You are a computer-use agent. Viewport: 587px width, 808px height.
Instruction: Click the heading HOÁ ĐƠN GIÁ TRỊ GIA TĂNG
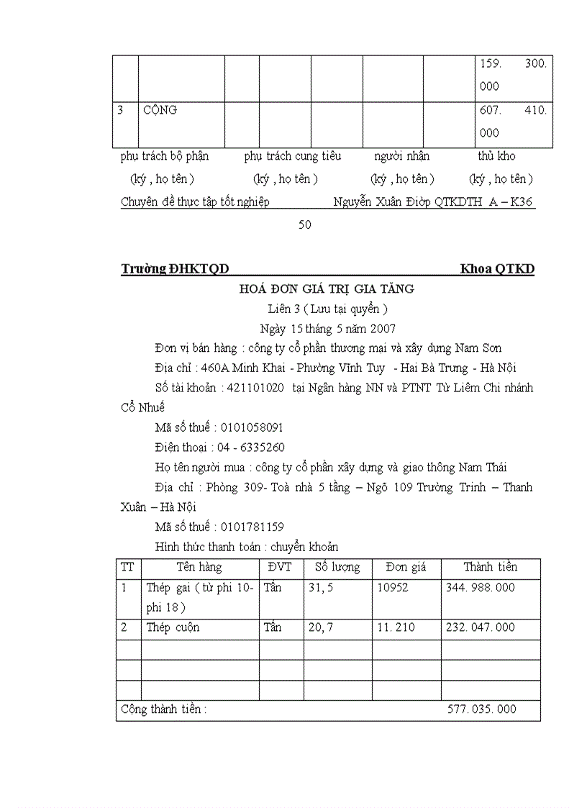click(x=327, y=289)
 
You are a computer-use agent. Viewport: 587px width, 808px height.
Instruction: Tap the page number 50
click(x=305, y=224)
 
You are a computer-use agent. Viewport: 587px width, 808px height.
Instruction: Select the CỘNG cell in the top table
click(x=160, y=110)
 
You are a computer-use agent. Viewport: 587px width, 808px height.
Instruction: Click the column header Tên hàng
click(x=199, y=567)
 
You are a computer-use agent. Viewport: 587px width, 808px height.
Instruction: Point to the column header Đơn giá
click(x=406, y=567)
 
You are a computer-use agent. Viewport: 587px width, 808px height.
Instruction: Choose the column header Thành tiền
click(x=490, y=567)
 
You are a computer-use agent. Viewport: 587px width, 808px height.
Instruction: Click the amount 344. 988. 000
click(x=481, y=587)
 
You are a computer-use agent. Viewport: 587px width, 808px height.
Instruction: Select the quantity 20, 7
click(x=321, y=627)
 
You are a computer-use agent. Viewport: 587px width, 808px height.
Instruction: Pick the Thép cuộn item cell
click(x=173, y=627)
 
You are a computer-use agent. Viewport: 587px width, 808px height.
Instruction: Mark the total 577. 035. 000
click(x=481, y=709)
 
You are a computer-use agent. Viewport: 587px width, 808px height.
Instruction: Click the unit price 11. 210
click(x=396, y=627)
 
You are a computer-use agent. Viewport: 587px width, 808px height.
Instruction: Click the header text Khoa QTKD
click(x=497, y=269)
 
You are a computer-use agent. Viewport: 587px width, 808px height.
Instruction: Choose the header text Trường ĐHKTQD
click(x=175, y=269)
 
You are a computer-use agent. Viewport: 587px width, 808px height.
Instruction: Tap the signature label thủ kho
click(x=496, y=156)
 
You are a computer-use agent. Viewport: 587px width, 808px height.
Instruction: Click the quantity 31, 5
click(x=320, y=587)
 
